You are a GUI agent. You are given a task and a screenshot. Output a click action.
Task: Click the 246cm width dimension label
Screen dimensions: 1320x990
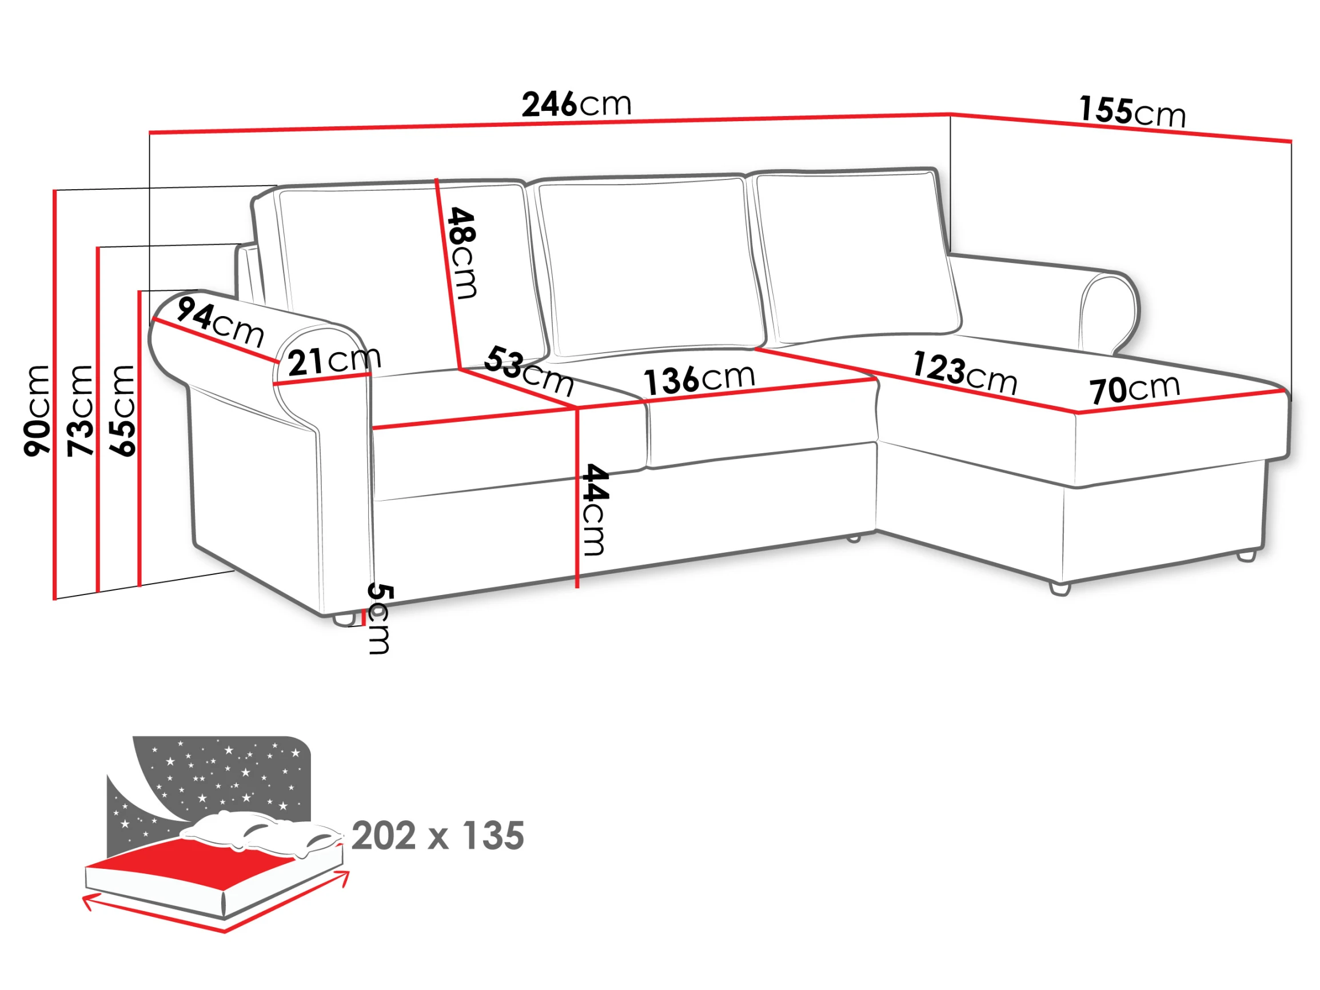click(576, 105)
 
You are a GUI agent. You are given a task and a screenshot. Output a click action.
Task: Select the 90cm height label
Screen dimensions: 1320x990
click(37, 411)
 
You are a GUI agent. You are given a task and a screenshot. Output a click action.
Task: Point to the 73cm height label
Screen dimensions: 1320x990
click(80, 411)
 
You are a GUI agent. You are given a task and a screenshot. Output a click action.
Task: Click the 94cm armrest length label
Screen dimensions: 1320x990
click(220, 322)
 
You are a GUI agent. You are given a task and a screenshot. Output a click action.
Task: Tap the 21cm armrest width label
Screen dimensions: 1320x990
click(334, 361)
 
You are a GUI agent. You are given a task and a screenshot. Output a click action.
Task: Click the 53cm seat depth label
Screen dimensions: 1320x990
click(529, 371)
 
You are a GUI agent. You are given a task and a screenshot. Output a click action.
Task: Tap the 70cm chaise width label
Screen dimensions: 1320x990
click(1134, 389)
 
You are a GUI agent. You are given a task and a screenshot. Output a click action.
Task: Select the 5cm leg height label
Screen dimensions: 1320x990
click(380, 619)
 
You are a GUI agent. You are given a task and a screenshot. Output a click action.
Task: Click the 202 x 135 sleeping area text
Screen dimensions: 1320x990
click(437, 836)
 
